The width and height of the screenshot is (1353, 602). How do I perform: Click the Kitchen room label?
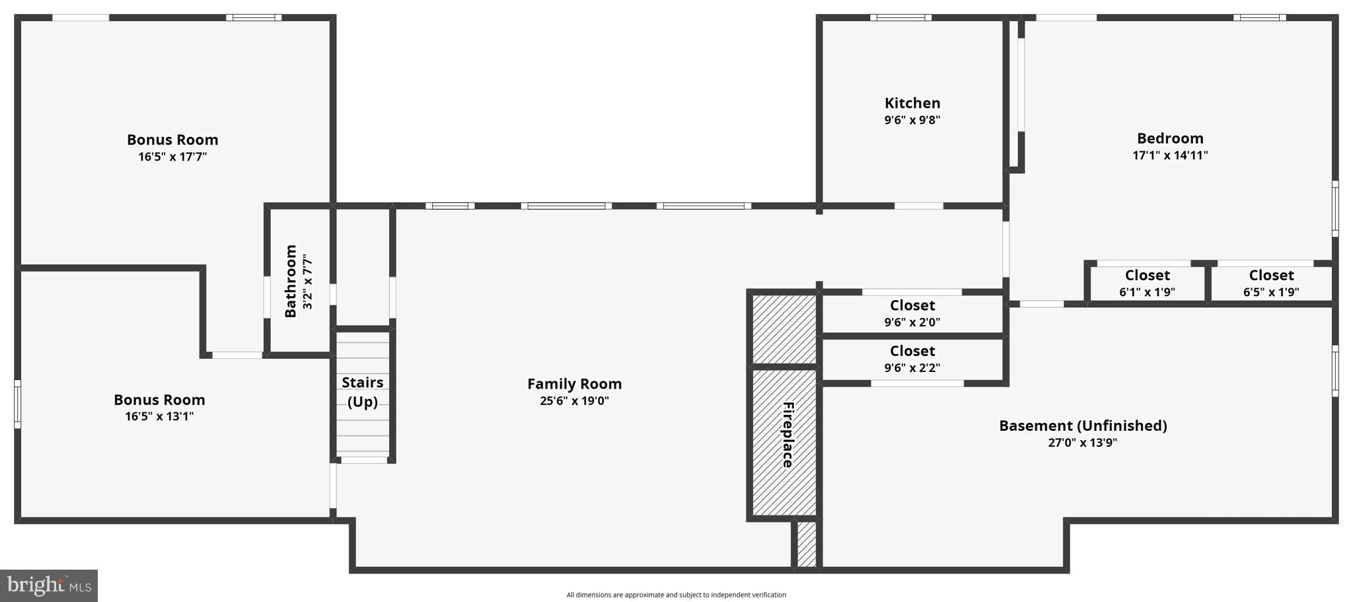(912, 103)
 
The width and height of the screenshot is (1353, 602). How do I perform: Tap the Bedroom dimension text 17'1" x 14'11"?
(1170, 155)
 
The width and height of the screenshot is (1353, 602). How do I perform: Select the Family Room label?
(574, 384)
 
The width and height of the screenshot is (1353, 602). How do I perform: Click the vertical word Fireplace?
(787, 434)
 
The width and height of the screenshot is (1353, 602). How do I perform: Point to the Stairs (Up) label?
(362, 392)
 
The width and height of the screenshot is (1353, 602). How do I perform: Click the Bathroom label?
(291, 281)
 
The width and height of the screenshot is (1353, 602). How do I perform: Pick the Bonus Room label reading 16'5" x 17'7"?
(172, 140)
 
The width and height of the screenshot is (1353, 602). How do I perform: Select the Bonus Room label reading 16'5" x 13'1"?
(159, 400)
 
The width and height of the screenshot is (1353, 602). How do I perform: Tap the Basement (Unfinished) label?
(1083, 426)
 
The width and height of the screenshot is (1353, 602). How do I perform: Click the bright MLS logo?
(49, 585)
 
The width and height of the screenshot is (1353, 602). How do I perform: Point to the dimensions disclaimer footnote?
(676, 595)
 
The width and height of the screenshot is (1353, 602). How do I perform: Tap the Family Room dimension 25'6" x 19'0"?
(574, 400)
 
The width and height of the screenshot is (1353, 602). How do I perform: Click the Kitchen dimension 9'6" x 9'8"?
(912, 120)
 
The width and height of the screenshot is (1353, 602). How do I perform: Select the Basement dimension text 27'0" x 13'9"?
(1082, 443)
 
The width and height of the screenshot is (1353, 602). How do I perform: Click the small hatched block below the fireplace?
(807, 544)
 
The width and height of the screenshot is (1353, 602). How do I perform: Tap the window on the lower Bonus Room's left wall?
(18, 404)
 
